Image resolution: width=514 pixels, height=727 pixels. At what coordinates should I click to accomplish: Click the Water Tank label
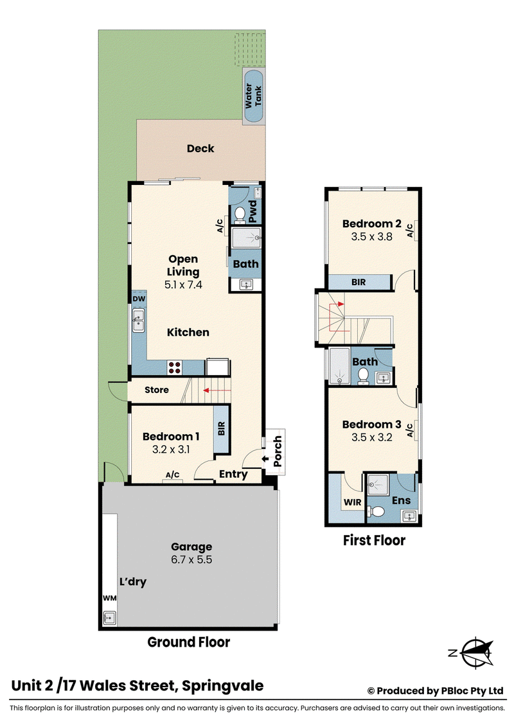pos(253,96)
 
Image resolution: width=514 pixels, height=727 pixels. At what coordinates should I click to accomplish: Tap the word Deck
pos(200,148)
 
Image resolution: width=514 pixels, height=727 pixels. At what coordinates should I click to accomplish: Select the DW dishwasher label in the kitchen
pos(139,299)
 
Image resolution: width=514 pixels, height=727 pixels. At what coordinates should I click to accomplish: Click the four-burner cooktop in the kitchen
pos(175,367)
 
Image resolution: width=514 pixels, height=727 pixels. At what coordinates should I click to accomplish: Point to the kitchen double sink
pos(138,321)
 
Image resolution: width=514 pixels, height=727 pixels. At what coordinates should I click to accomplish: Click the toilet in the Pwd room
pos(240,215)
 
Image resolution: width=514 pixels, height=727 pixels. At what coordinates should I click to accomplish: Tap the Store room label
pos(156,390)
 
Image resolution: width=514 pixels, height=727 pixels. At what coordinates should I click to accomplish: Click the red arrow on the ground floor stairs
pos(217,390)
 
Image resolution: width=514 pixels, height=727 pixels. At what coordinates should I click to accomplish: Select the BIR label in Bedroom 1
pos(221,428)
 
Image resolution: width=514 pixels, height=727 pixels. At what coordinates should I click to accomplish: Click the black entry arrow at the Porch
pos(265,459)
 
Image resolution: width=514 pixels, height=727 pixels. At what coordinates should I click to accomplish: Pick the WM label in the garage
pos(109,598)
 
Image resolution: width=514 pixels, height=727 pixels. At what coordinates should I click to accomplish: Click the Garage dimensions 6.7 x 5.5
pos(191,559)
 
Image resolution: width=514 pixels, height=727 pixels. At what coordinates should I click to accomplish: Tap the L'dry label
pos(132,582)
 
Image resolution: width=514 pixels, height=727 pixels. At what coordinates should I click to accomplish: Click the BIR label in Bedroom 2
pos(358,282)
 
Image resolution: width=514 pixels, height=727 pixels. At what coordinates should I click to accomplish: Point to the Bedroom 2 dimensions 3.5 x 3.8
pos(371,236)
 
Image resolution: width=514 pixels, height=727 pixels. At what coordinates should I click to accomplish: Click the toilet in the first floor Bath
pos(363,376)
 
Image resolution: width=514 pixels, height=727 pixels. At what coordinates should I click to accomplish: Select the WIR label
pos(352,502)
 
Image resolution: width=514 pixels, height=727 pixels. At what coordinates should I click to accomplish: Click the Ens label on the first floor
pos(401,500)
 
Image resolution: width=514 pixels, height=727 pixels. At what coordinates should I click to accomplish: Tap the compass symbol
pos(477,653)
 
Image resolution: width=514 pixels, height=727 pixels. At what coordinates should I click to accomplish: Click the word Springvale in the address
pos(223,686)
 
